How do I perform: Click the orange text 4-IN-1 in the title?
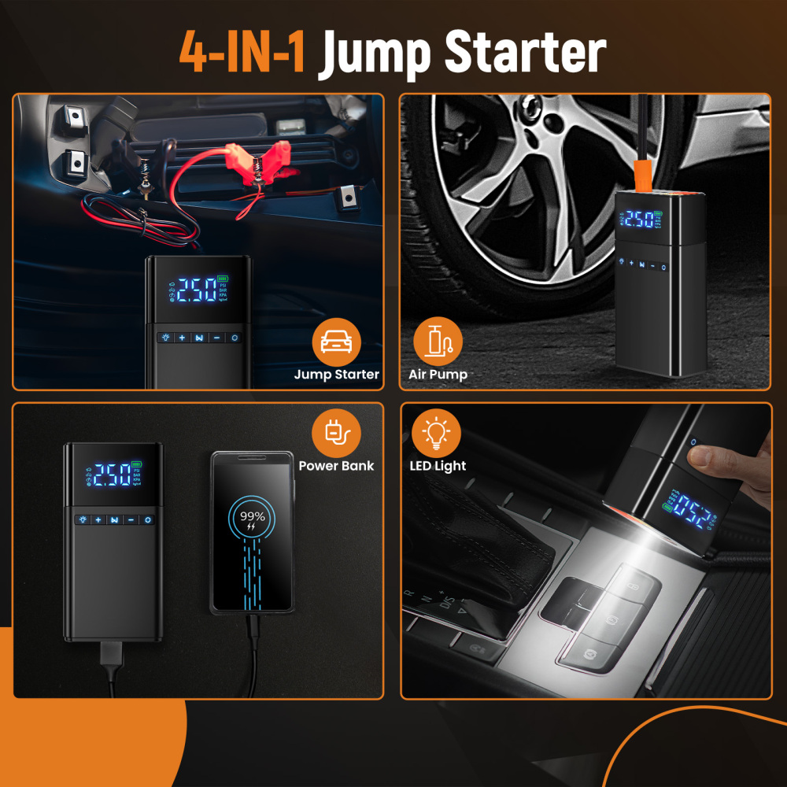tap(242, 52)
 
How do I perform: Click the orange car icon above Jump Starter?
tap(337, 341)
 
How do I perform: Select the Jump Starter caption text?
tap(337, 375)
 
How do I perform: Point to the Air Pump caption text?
tap(438, 375)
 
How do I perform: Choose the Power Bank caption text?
tap(337, 466)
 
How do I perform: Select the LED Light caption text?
tap(438, 466)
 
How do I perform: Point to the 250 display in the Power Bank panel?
tap(112, 474)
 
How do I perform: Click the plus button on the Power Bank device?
tap(98, 520)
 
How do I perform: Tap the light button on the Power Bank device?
tap(82, 520)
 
